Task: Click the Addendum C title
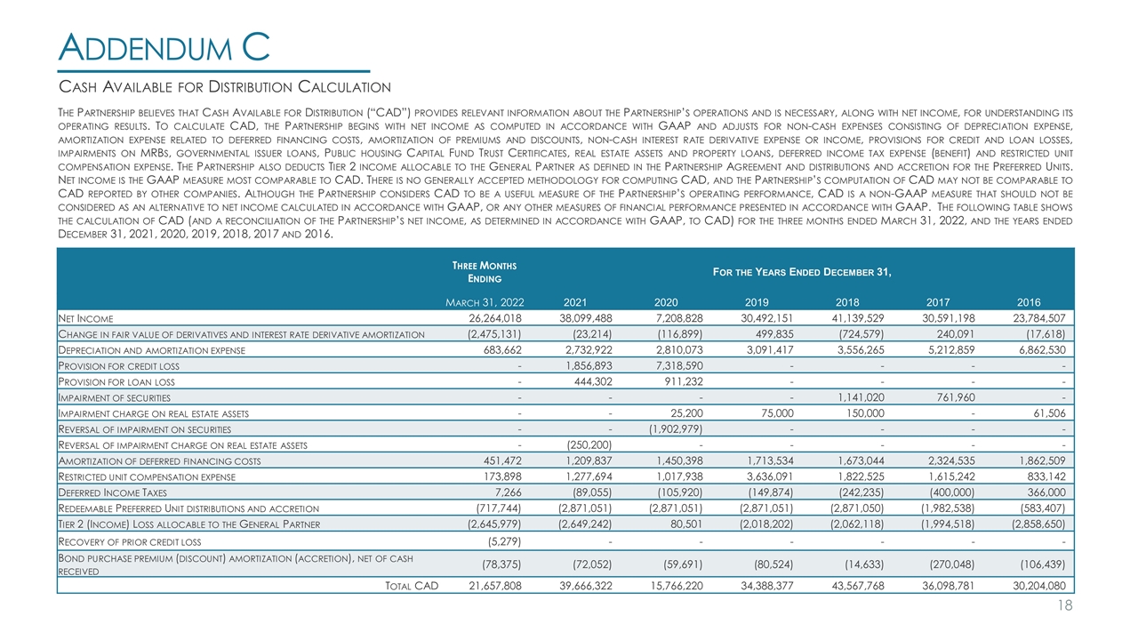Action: (x=164, y=46)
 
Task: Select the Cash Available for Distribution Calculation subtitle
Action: (x=225, y=86)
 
